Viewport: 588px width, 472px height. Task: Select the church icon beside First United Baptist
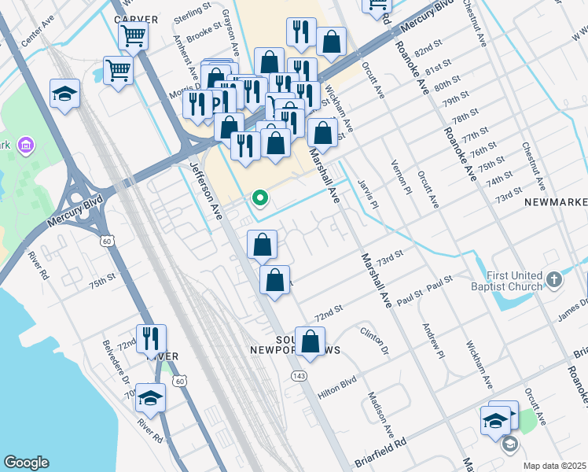click(555, 279)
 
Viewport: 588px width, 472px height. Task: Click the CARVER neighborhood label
click(135, 19)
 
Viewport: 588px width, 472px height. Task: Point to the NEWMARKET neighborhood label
click(556, 202)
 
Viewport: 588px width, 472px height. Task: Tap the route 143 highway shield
click(299, 376)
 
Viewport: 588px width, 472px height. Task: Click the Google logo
click(26, 463)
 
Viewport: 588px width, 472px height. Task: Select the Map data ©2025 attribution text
click(555, 466)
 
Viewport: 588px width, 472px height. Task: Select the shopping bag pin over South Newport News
click(311, 341)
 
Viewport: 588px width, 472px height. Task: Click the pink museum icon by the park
click(26, 145)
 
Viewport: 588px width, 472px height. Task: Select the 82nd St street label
click(425, 50)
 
